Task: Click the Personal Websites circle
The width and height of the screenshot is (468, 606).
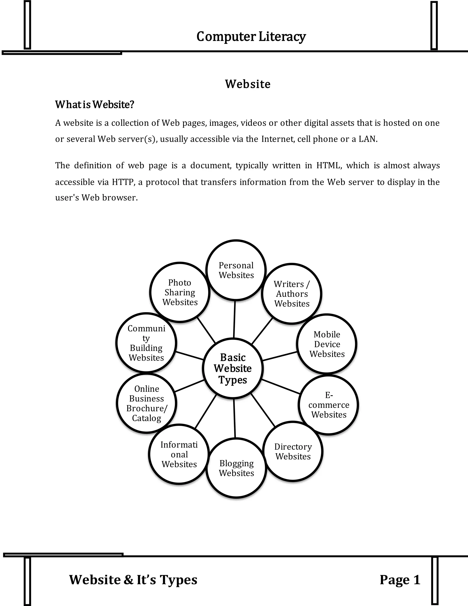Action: point(236,270)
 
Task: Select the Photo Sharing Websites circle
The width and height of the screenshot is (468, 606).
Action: point(180,292)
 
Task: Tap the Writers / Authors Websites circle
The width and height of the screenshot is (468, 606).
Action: point(292,294)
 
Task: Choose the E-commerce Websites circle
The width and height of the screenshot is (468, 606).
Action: point(329,405)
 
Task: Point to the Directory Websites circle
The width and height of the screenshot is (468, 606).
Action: point(293,451)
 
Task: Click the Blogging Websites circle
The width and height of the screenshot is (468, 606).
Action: point(236,468)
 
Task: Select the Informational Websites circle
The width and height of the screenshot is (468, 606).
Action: point(179,454)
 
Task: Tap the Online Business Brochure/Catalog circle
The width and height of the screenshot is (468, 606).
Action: point(147,403)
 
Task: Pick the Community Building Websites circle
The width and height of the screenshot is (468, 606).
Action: point(146,343)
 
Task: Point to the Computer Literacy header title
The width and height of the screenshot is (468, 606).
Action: point(251,36)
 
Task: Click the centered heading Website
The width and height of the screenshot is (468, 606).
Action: point(247,84)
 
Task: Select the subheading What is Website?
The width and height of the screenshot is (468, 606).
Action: point(95,105)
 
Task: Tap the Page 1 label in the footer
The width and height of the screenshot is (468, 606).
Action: point(400,580)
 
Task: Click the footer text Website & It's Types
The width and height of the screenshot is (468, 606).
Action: point(133,580)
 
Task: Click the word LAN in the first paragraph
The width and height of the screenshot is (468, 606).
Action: point(368,139)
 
